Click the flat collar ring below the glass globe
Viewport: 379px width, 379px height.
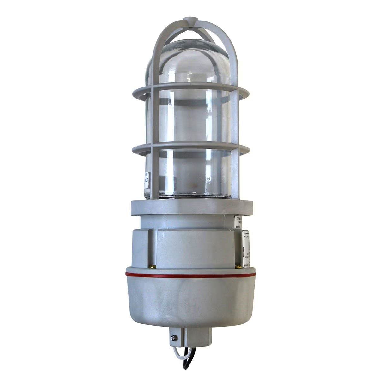pyautogui.click(x=189, y=207)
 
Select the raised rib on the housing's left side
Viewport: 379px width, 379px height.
pyautogui.click(x=151, y=246)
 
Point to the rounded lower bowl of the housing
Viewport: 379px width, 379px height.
pyautogui.click(x=189, y=303)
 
